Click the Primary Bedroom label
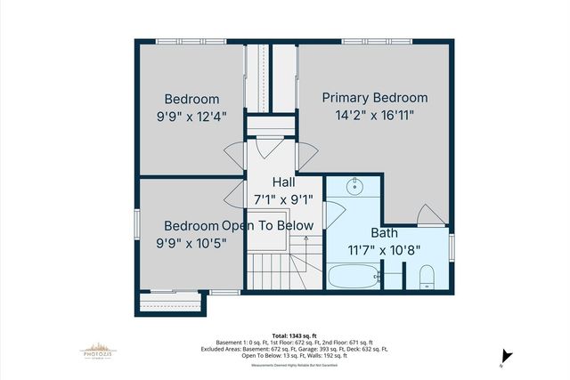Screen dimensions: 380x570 [374, 97]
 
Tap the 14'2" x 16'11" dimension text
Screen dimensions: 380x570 [374, 115]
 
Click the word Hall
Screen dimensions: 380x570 [272, 182]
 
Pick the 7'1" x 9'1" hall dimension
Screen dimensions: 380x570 [272, 198]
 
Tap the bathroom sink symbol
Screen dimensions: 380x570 [354, 187]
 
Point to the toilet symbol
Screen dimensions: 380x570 [425, 277]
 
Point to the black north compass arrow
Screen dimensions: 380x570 [504, 354]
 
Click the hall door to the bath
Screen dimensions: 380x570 [333, 214]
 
